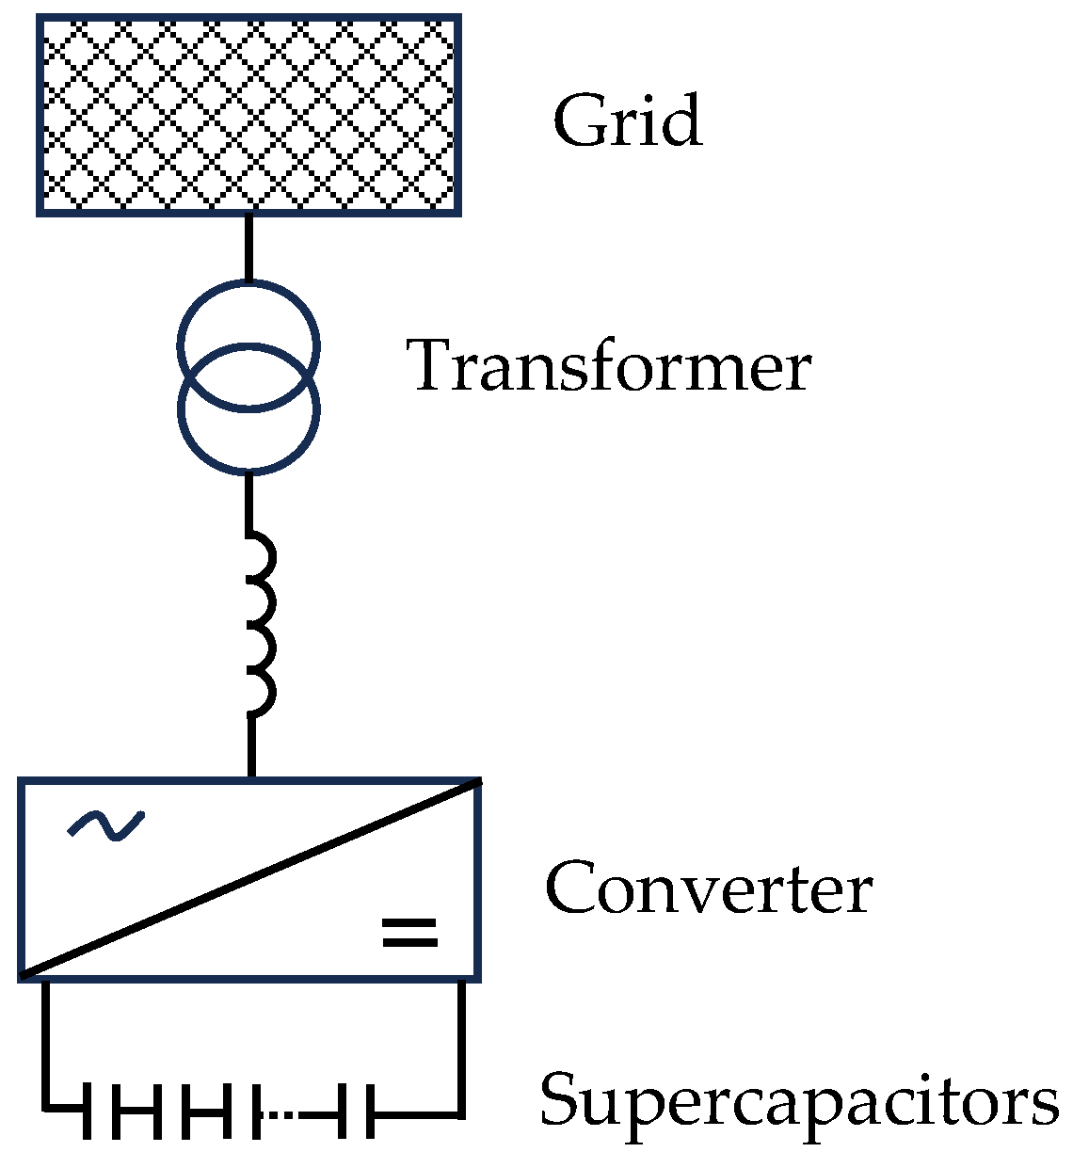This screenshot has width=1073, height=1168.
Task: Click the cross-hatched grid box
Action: (248, 115)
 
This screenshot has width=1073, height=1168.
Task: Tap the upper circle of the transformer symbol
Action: (248, 311)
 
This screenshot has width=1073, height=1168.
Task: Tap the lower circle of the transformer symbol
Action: (248, 442)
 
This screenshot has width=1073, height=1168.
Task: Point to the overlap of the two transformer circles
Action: (248, 376)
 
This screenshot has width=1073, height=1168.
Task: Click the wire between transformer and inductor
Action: (248, 504)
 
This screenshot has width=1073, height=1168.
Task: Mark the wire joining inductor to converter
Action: (251, 745)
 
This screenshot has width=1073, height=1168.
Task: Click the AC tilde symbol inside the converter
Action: (106, 824)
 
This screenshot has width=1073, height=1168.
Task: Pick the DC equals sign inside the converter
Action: (409, 932)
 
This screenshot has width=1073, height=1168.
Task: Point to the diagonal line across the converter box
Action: (250, 879)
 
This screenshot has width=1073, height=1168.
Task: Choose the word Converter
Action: (708, 888)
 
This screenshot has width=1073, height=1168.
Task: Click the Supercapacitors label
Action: (798, 1099)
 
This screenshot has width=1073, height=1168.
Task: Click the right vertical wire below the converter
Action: (461, 1045)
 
